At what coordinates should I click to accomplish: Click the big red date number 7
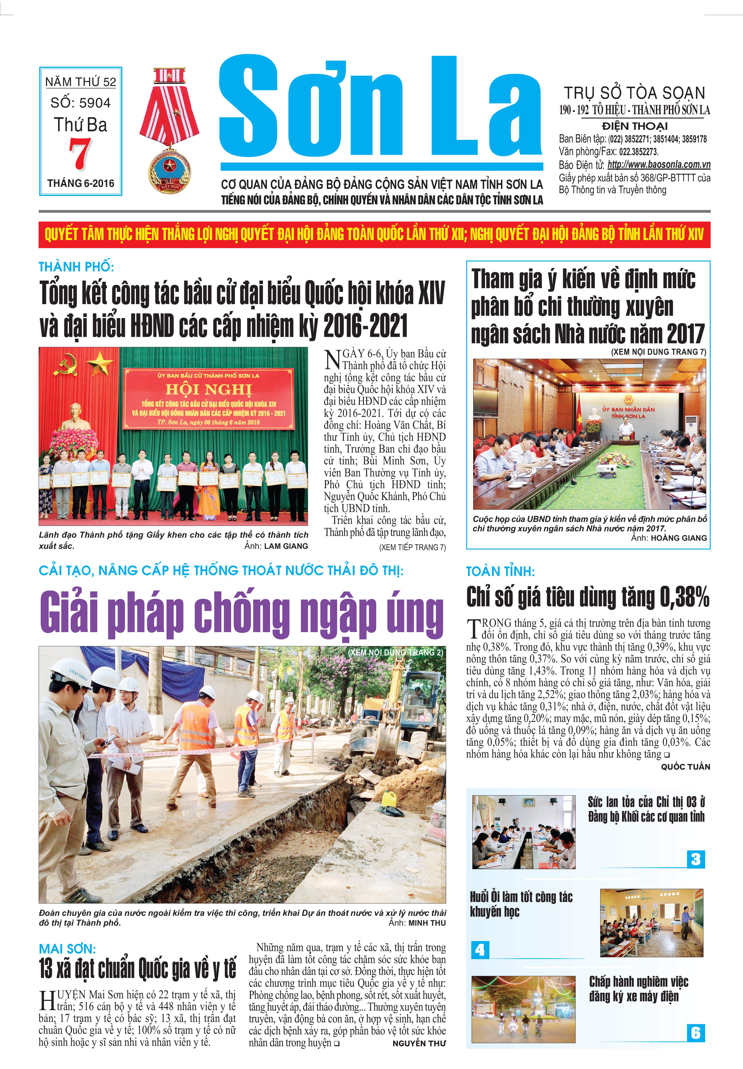pos(80,154)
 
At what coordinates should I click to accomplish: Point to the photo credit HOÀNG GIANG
pos(678,538)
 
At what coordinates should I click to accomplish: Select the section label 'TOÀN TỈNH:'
pos(501,572)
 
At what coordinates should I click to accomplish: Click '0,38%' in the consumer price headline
pos(684,597)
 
